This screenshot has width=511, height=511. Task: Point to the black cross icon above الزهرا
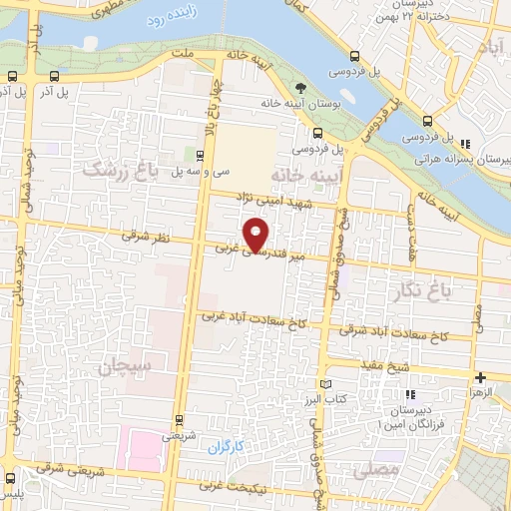click(482, 378)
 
